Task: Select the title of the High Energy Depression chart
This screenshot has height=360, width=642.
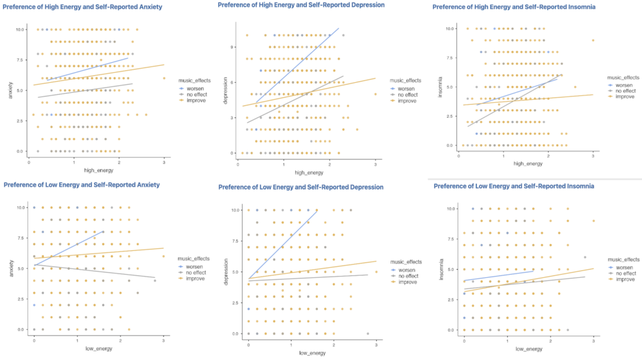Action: pyautogui.click(x=301, y=5)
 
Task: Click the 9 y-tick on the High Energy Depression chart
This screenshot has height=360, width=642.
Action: pyautogui.click(x=231, y=47)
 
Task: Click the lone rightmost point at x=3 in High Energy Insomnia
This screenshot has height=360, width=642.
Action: pyautogui.click(x=592, y=41)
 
